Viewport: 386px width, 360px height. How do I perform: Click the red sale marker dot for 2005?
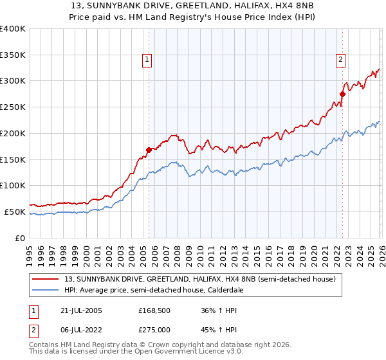(149, 150)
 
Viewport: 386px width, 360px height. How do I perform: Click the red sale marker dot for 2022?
(342, 94)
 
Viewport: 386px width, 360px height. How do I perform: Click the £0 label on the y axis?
(19, 238)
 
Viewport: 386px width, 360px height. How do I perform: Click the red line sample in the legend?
(46, 279)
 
